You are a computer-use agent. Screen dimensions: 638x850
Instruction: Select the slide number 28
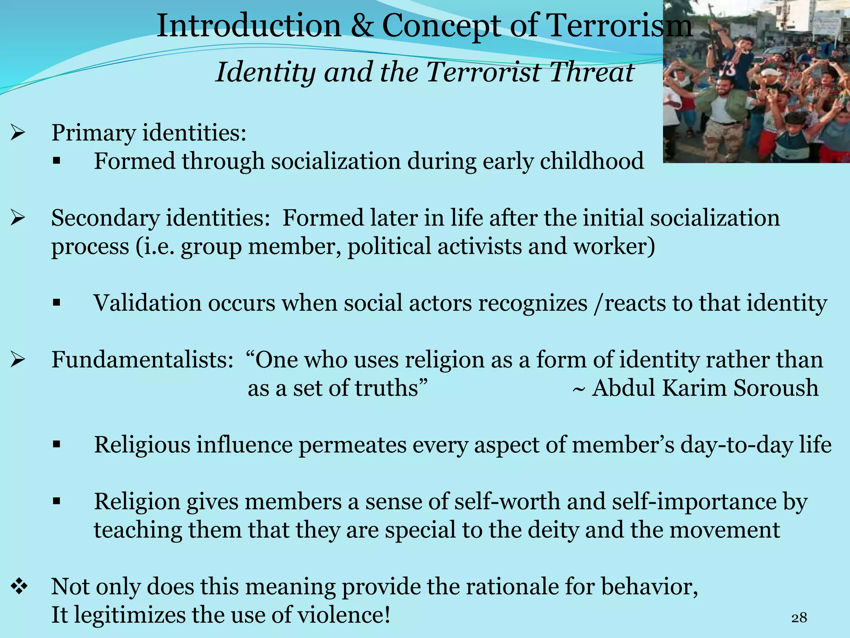tap(799, 618)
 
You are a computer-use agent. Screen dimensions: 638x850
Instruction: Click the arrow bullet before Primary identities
tap(18, 133)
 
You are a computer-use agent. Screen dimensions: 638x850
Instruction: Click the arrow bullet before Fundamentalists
tap(18, 360)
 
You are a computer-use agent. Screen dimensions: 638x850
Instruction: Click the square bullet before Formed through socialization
tap(57, 161)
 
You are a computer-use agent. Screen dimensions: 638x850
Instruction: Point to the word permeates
tap(353, 445)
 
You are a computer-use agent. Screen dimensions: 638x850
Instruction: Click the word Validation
tap(147, 303)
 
